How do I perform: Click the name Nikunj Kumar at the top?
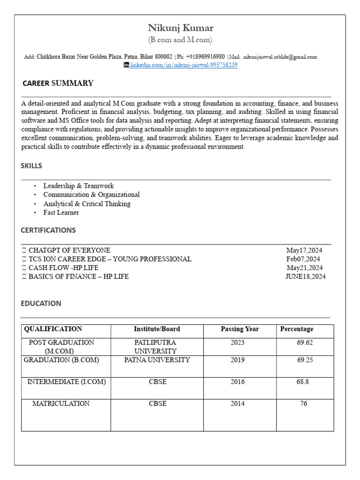click(x=180, y=28)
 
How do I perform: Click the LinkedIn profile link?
click(x=184, y=65)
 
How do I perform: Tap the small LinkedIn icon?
click(x=126, y=65)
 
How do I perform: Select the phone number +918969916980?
click(x=205, y=57)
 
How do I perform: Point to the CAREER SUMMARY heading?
click(x=58, y=83)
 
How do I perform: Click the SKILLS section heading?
click(x=31, y=166)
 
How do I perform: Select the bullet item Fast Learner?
click(x=61, y=213)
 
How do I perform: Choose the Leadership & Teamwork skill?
click(x=78, y=186)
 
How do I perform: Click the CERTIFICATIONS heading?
click(x=48, y=230)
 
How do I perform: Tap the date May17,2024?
click(x=304, y=250)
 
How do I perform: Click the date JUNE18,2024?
click(x=305, y=277)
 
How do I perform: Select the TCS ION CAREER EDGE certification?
click(x=110, y=259)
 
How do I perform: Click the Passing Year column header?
click(x=240, y=329)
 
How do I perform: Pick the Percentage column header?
click(x=297, y=329)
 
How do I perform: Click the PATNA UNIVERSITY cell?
click(x=157, y=360)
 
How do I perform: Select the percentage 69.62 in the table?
click(x=305, y=343)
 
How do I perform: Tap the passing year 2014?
click(x=238, y=404)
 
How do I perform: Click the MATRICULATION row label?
click(x=61, y=404)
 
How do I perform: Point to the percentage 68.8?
click(x=302, y=382)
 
